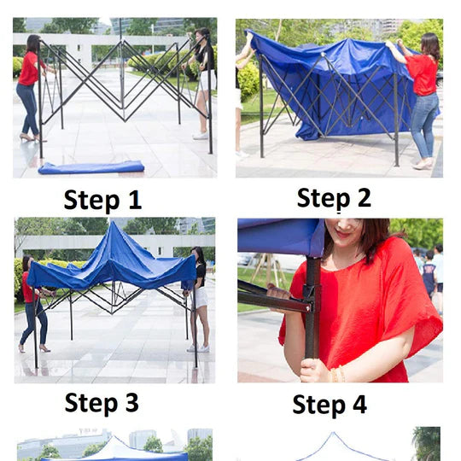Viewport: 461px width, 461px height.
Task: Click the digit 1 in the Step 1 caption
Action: point(136,200)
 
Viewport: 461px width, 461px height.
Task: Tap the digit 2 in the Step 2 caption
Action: point(364,197)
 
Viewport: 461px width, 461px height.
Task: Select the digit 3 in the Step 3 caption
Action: point(132,402)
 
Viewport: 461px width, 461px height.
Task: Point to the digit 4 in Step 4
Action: point(360,405)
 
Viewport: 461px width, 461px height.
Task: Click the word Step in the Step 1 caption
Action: point(91,201)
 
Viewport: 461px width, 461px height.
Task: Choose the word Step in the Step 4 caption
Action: point(319,406)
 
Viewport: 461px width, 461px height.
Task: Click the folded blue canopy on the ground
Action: point(91,167)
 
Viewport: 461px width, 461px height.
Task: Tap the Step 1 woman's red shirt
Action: point(30,69)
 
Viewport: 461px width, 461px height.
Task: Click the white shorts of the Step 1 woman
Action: point(206,80)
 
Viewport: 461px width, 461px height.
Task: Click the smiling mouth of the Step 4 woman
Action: point(343,234)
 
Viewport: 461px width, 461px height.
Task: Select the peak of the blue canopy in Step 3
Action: point(114,224)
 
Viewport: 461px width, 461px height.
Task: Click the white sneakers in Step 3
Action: point(198,348)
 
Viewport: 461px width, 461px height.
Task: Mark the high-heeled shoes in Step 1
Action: point(32,137)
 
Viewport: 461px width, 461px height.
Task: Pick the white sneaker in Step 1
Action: point(201,136)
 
